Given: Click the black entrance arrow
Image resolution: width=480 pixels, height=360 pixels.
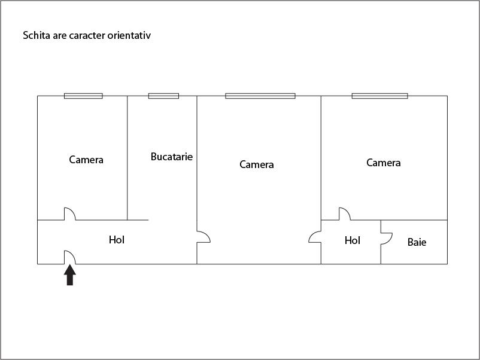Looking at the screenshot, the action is pos(70,275).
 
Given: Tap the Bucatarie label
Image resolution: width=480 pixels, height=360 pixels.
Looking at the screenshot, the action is pos(172,157).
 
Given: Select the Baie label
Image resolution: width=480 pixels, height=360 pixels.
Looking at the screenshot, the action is pos(417,242).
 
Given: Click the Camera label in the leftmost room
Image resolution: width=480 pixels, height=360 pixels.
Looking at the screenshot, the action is pos(86,160).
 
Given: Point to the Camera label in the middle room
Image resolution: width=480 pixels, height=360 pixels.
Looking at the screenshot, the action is pos(257,164).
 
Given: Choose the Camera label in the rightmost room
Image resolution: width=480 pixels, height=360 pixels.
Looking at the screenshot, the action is pos(384,163).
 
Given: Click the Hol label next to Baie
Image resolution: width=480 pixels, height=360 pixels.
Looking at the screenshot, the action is pos(353,240).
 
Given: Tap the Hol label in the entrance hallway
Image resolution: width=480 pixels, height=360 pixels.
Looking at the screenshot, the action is pos(117,240).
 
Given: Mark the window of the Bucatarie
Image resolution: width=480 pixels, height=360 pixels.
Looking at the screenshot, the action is pos(163,96).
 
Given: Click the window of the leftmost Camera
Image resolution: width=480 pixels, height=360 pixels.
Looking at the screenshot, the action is pos(83,96).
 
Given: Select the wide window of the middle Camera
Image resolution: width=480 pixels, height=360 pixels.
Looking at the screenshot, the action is pos(260,96).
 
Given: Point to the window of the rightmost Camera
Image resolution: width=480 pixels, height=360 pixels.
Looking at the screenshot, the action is pos(379,96).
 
